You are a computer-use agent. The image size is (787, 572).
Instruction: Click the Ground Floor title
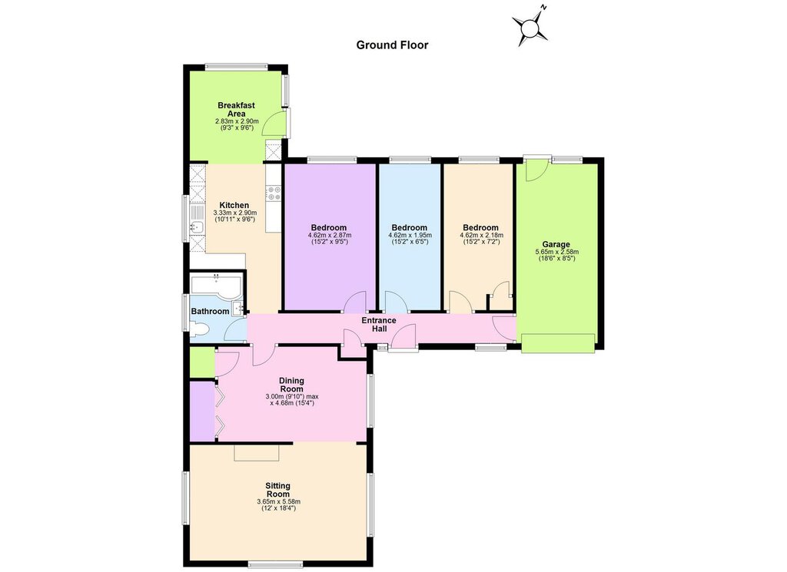pos(392,45)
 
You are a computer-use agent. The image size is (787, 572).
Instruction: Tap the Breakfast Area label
pos(237,109)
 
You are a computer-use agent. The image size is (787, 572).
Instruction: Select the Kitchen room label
pos(234,205)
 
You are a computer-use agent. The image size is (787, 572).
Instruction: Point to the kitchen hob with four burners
pos(274,193)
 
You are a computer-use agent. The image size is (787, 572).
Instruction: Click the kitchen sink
pos(196,227)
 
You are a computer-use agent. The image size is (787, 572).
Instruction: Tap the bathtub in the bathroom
pos(216,286)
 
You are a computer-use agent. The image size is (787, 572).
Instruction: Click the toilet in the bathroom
pos(199,329)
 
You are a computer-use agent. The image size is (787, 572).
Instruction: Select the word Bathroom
pos(210,311)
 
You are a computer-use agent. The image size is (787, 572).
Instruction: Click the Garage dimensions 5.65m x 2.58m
pos(557,252)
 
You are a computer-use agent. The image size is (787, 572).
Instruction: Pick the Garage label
pos(556,245)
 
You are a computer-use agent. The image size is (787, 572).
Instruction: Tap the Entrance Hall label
pos(380,324)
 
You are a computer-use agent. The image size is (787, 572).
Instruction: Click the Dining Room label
pos(291,385)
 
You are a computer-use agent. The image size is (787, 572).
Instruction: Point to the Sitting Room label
pos(278,490)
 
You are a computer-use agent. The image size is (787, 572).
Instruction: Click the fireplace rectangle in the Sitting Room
pos(257,452)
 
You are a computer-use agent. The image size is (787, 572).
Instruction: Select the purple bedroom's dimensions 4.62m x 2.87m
pos(330,235)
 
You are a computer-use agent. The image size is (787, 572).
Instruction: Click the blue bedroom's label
pos(409,227)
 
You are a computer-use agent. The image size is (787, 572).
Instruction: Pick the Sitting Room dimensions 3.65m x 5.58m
pos(278,501)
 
